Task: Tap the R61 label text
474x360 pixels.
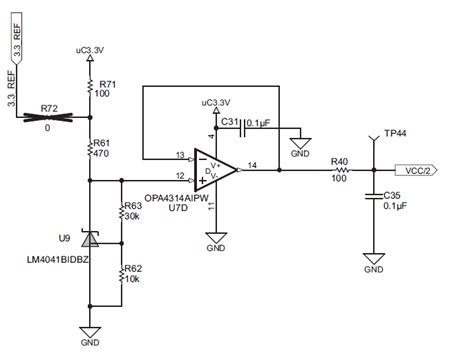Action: (x=104, y=144)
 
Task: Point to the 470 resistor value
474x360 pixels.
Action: (x=102, y=155)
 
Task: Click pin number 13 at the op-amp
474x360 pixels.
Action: (x=179, y=155)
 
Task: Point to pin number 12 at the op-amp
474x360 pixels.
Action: (x=179, y=176)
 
